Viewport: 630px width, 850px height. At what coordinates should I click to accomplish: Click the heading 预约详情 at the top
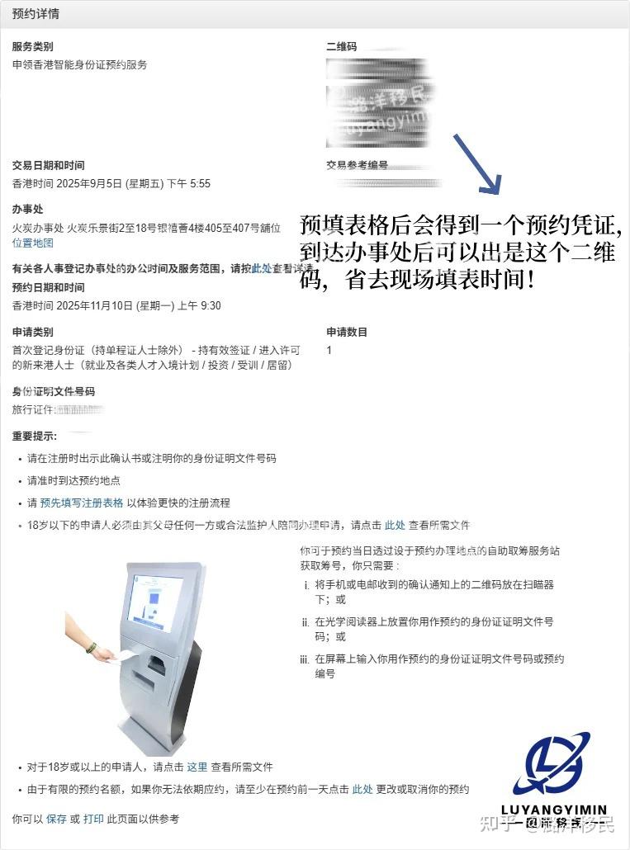(36, 14)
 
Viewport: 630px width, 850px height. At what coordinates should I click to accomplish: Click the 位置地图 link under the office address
(33, 243)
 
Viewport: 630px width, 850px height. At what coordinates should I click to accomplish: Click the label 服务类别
(32, 47)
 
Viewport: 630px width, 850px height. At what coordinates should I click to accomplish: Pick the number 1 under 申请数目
(329, 350)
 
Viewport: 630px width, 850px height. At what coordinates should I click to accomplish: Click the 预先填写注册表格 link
(82, 503)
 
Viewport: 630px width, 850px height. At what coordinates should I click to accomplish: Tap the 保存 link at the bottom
(56, 819)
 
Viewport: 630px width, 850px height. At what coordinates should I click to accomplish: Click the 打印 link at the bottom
(93, 819)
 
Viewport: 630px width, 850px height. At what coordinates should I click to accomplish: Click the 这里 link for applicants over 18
(197, 767)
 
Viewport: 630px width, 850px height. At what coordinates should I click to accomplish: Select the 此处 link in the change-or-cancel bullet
(362, 789)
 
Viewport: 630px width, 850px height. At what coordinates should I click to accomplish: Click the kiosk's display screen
(154, 602)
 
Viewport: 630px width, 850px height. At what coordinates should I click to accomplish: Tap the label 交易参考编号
(357, 165)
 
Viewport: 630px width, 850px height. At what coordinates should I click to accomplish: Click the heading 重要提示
(35, 435)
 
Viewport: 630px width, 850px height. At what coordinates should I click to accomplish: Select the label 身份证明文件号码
(53, 391)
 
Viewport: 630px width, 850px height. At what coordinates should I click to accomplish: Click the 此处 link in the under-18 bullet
(395, 525)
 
